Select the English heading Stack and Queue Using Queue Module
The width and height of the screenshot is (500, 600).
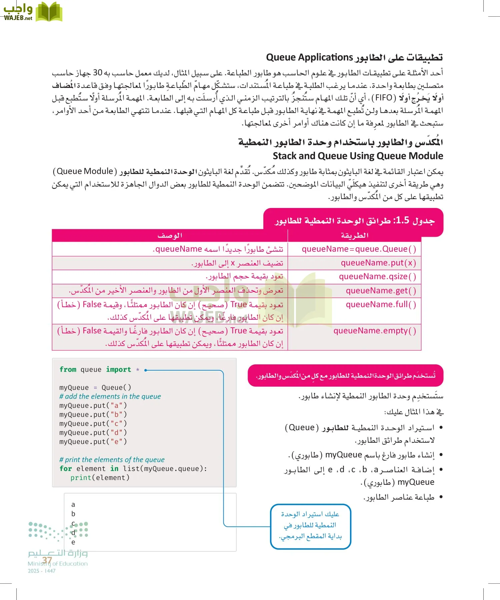(x=358, y=156)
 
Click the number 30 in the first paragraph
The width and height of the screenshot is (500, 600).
(x=97, y=73)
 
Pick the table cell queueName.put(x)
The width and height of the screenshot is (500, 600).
(x=378, y=263)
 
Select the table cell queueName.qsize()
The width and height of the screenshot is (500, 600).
(x=377, y=277)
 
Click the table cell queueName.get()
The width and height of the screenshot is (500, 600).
(x=381, y=291)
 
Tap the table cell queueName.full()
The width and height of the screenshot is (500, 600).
(x=381, y=305)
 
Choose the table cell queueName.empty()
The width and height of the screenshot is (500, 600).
(x=375, y=331)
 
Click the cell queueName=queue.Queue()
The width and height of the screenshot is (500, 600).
(x=359, y=249)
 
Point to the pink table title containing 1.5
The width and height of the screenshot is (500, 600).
(x=354, y=221)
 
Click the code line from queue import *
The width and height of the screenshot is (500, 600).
(x=99, y=370)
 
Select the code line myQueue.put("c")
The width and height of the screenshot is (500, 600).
(x=93, y=424)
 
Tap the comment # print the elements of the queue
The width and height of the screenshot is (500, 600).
(x=112, y=460)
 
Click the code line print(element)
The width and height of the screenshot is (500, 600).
(x=100, y=478)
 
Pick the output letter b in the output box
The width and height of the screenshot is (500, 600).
(x=73, y=514)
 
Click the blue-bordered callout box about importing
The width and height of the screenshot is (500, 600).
(x=310, y=526)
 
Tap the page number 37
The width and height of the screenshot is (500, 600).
(x=47, y=560)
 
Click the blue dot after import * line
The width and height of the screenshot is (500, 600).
(x=146, y=370)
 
